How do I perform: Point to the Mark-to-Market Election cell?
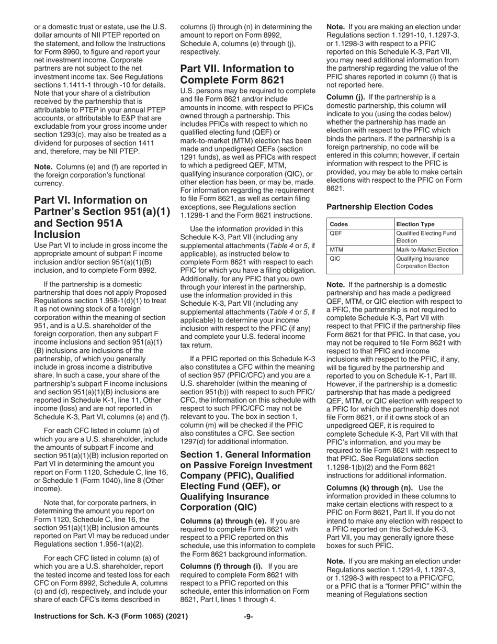(427, 250)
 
